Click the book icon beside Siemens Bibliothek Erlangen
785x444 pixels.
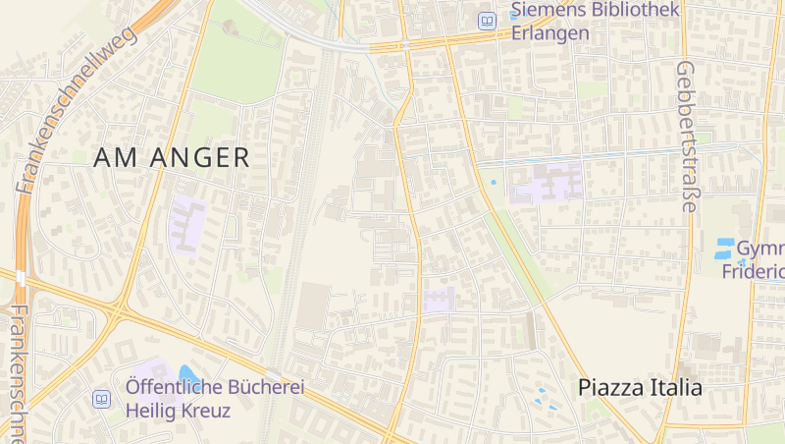click(487, 20)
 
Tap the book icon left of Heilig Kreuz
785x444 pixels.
click(101, 399)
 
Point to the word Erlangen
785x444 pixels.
click(549, 32)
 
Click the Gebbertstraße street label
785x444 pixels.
click(686, 137)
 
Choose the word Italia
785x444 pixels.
click(676, 387)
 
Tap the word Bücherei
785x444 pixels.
click(263, 387)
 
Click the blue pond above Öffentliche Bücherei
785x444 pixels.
click(188, 373)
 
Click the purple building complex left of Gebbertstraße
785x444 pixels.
click(546, 183)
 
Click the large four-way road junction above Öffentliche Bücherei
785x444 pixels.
click(119, 313)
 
